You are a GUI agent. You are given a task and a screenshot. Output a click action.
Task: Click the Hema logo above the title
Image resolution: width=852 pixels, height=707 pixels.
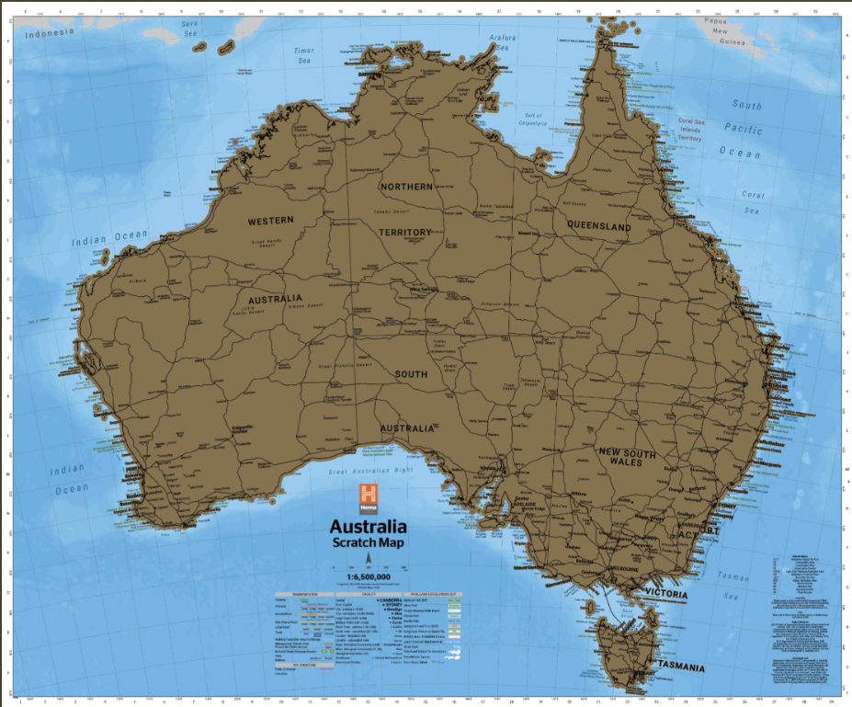pyautogui.click(x=369, y=496)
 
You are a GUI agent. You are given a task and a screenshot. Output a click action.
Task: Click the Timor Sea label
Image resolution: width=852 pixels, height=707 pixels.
pyautogui.click(x=303, y=55)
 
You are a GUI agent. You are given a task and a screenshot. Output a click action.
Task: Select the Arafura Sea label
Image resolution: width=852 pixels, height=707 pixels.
pyautogui.click(x=504, y=42)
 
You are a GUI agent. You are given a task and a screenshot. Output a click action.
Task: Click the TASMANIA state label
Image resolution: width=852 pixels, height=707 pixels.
pyautogui.click(x=679, y=667)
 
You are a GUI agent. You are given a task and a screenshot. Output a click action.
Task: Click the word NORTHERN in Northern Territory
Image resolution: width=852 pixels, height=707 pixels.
pyautogui.click(x=405, y=187)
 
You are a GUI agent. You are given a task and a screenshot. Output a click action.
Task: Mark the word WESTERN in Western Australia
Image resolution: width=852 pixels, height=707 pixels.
pyautogui.click(x=270, y=221)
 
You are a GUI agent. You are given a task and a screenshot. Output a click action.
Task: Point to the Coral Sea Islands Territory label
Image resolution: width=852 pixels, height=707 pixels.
pyautogui.click(x=702, y=130)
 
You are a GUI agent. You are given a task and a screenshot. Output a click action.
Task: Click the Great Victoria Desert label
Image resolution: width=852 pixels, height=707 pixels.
pyautogui.click(x=345, y=366)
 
